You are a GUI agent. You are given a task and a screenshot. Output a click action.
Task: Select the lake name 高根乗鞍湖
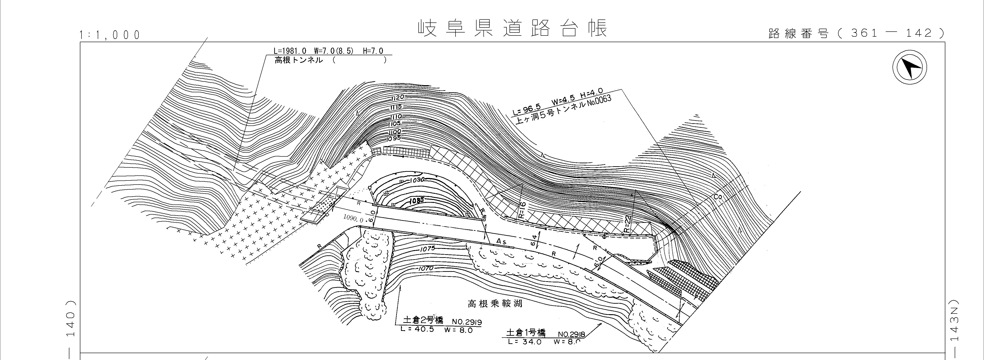point(495,304)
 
